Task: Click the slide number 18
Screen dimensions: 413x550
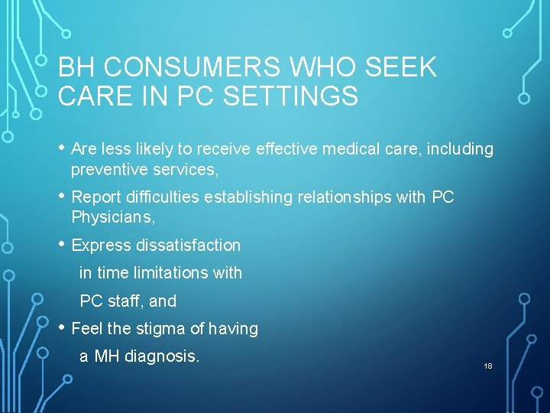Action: pos(488,366)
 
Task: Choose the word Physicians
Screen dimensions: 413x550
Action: pos(112,217)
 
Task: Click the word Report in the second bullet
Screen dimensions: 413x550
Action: pos(95,197)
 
